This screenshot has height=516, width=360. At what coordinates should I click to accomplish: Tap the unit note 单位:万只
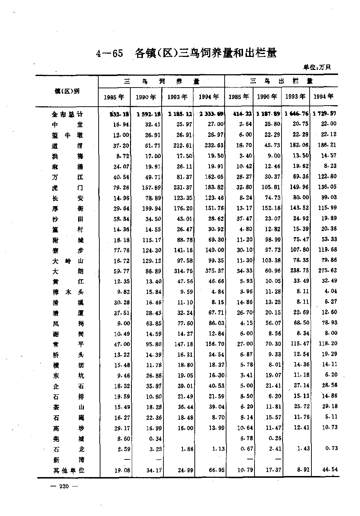(317, 67)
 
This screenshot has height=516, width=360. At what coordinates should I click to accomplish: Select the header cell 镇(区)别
(67, 91)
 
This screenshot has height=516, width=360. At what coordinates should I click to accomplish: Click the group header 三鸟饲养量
(162, 81)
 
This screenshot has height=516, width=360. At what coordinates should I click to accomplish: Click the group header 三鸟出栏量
(281, 81)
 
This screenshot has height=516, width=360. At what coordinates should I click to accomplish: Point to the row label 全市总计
(67, 114)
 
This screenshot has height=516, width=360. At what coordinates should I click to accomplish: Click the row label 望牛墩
(67, 135)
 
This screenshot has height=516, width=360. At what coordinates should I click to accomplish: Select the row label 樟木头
(67, 292)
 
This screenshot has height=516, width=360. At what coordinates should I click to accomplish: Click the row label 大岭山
(67, 261)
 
